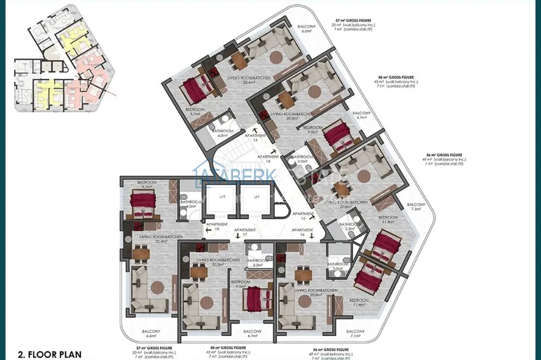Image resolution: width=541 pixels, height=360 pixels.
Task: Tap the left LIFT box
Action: pos(223,197)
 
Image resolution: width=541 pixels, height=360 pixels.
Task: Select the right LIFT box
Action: pos(256,197)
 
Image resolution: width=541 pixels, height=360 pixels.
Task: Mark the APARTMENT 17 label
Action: pos(244,232)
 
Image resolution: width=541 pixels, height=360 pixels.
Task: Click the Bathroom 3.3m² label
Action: pos(350,226)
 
